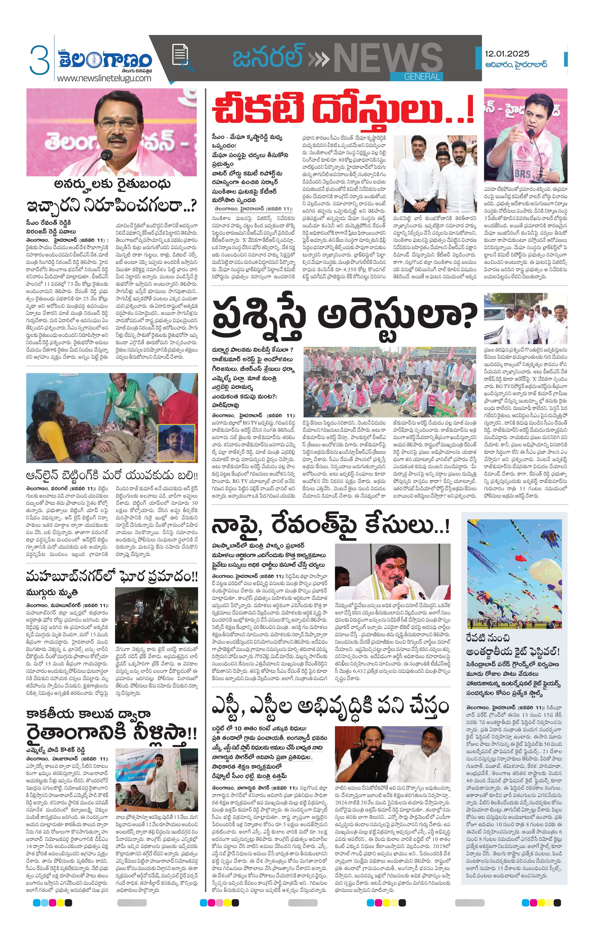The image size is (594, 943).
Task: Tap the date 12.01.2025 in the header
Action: click(507, 54)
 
